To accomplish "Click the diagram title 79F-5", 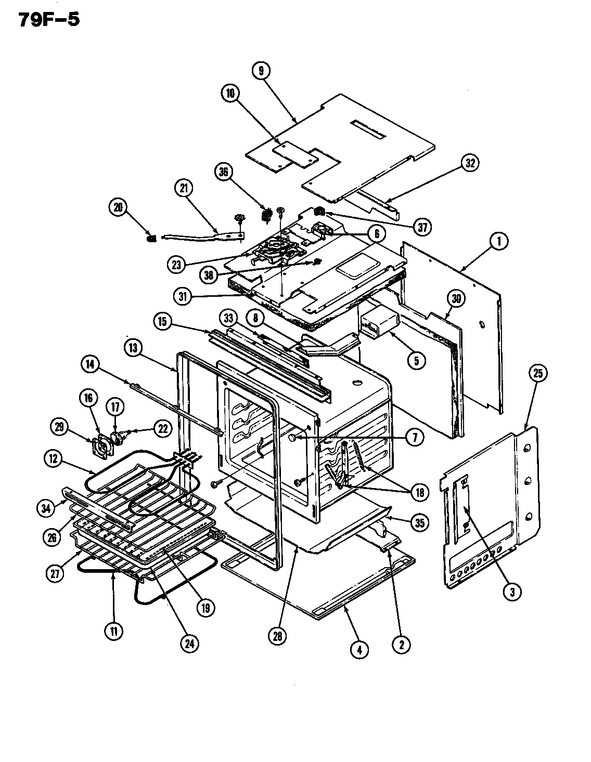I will (50, 19).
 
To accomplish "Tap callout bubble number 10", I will (230, 93).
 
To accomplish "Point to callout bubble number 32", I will (469, 163).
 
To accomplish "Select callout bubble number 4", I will (359, 649).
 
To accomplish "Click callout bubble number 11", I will (113, 631).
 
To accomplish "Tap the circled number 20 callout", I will (118, 207).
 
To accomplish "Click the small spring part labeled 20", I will (152, 238).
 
